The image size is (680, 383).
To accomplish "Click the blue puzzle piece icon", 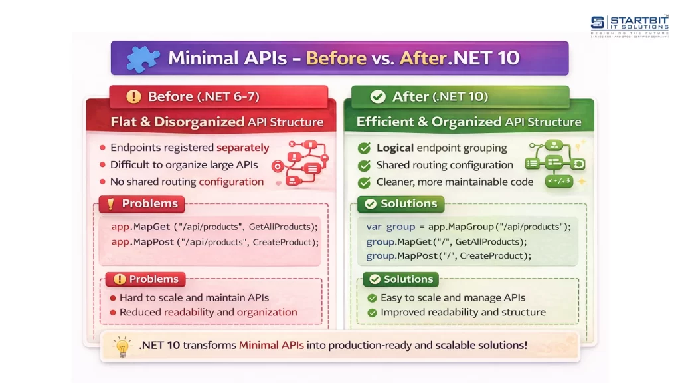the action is [x=143, y=59].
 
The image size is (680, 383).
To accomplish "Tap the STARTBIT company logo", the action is [x=630, y=26].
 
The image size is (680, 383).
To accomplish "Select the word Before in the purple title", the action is [x=337, y=58].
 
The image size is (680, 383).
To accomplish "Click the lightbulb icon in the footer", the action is [x=122, y=346].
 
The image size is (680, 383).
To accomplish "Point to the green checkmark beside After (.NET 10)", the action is [x=378, y=96].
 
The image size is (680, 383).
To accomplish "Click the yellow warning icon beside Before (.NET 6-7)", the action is [x=133, y=96].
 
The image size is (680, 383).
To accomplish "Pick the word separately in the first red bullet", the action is [x=243, y=148].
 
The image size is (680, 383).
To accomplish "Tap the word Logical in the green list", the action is [x=395, y=148].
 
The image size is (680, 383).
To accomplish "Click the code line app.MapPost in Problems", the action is [x=214, y=242].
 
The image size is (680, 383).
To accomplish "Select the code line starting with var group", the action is [x=468, y=227].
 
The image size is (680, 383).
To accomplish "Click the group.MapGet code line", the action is [x=446, y=241].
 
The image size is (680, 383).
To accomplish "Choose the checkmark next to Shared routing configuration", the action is [x=365, y=166].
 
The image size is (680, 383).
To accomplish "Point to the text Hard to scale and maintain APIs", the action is [x=195, y=297].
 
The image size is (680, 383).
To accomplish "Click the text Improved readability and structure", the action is [x=463, y=312].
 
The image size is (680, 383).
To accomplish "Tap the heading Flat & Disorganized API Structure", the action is [x=217, y=122].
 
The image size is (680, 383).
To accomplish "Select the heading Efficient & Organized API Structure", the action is [x=469, y=122].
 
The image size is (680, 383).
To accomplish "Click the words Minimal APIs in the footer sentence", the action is [x=271, y=345].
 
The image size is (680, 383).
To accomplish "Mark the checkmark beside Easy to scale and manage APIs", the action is [x=372, y=298].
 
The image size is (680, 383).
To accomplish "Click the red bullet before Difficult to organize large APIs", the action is [x=102, y=165].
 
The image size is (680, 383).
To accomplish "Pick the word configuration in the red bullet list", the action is [x=231, y=182].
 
